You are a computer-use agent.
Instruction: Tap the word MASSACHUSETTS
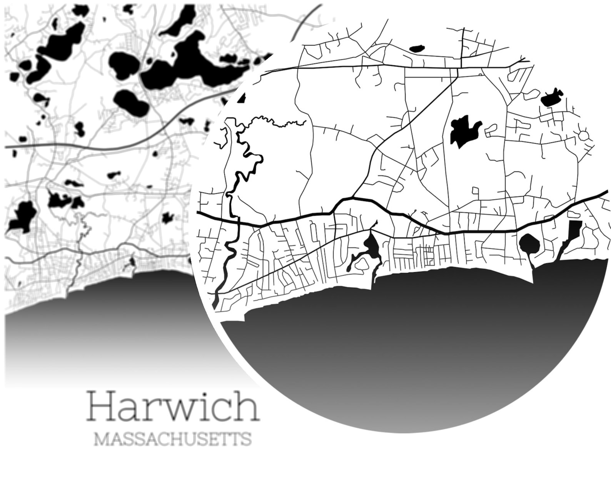[173, 439]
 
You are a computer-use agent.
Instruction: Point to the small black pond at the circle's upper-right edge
[552, 98]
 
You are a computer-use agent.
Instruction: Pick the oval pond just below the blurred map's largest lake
[131, 102]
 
